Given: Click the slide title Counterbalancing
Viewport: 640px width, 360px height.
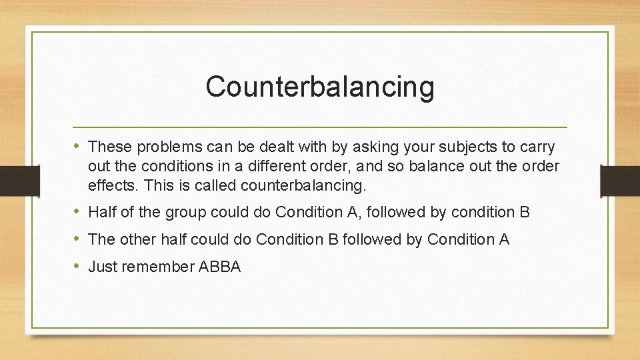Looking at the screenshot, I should tap(319, 87).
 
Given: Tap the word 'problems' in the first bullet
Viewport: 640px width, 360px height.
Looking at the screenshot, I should tap(155, 146).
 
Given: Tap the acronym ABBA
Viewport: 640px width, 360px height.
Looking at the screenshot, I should tap(219, 267).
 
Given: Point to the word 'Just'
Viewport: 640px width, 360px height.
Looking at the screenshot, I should tap(102, 267).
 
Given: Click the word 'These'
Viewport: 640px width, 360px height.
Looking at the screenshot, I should tap(106, 146).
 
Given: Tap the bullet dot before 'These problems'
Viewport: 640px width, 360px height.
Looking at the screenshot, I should tap(79, 145).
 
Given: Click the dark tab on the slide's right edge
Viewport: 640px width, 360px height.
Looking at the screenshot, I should tap(619, 180).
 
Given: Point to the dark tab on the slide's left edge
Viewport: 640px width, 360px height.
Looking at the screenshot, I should tap(19, 180).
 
